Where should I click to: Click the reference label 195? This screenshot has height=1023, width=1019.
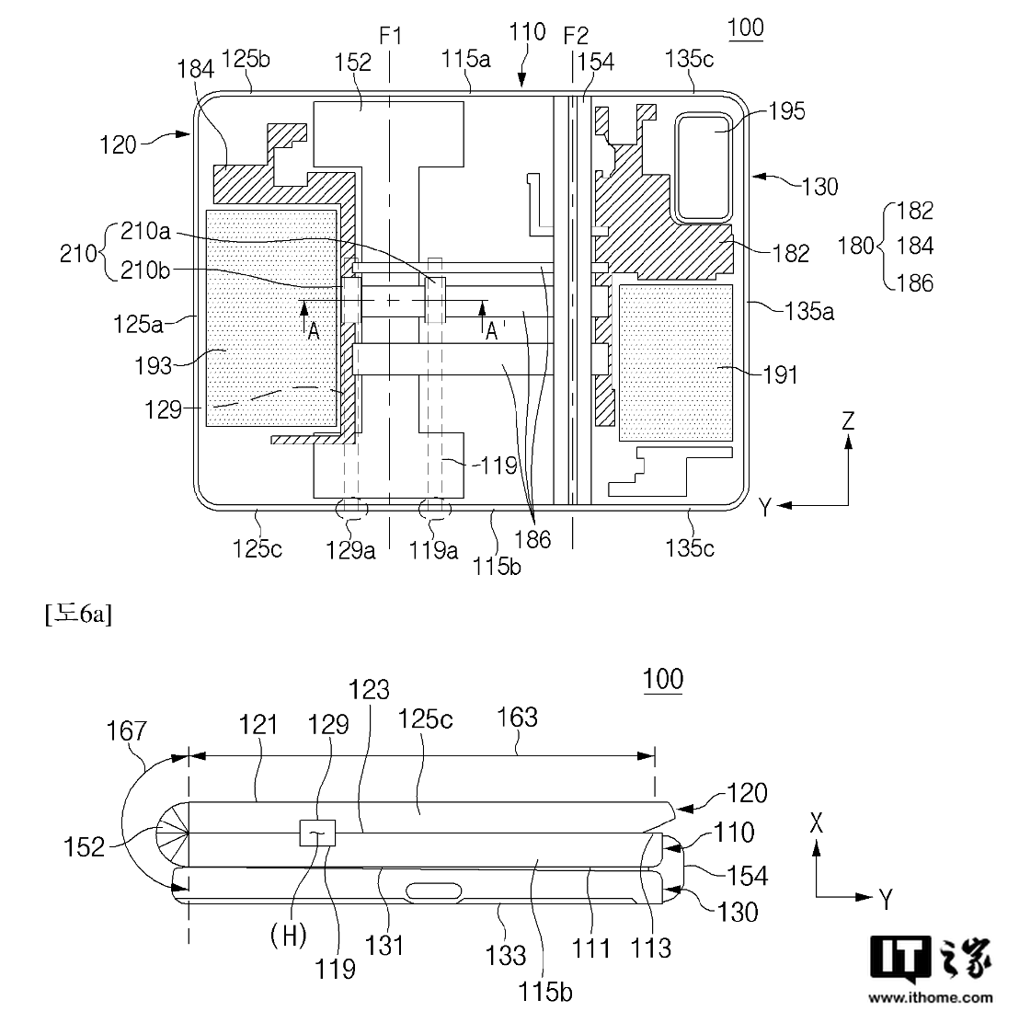coord(786,111)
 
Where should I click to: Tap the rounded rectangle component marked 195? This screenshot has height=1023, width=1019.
coord(704,167)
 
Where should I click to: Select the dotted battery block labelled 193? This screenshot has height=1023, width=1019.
coord(272,317)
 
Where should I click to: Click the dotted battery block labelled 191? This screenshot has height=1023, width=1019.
coord(675,362)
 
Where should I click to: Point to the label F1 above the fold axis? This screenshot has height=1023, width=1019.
coord(391,36)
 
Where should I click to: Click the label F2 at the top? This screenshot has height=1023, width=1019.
coord(576,36)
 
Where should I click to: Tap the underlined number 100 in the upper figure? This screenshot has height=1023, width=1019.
coord(745,28)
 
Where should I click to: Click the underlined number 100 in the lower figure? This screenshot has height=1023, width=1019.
coord(663,679)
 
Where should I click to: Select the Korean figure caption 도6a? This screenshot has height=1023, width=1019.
coord(78,614)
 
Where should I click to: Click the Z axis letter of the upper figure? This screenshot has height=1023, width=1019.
coord(848,420)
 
